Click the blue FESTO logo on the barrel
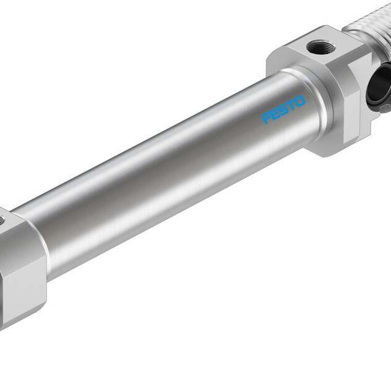point(284,109)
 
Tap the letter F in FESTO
point(266,117)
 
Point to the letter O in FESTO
point(301,100)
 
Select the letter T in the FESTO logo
point(291,105)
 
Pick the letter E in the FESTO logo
point(275,113)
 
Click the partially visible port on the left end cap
point(3,219)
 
